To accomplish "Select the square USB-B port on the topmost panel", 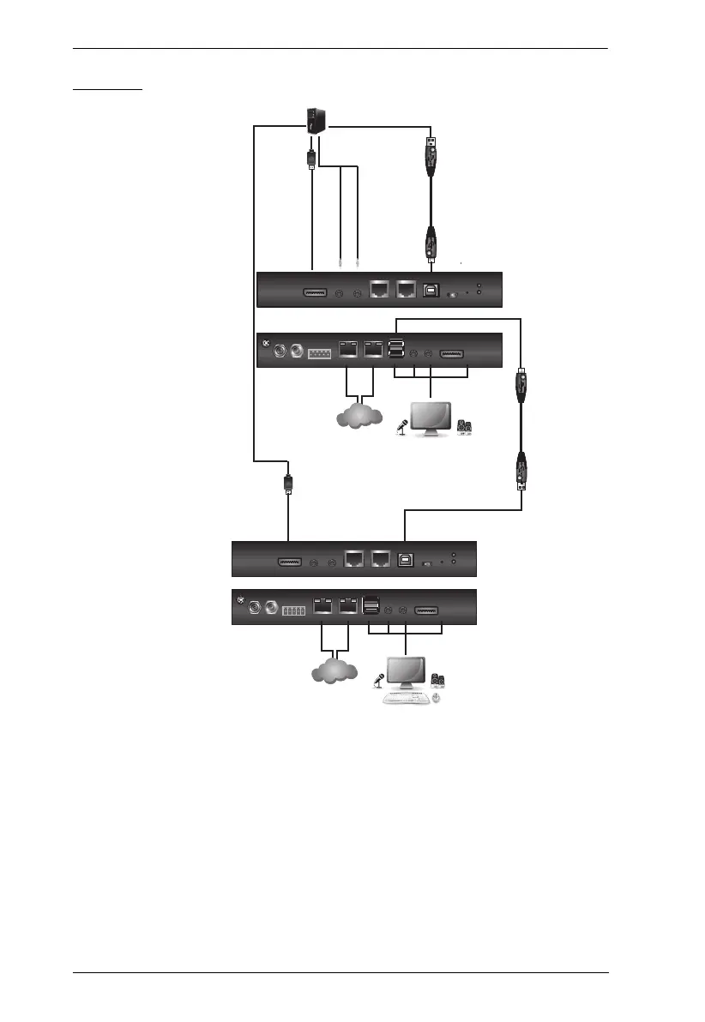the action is point(431,292).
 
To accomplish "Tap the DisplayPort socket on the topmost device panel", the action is point(316,293).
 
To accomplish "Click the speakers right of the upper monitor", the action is point(467,428).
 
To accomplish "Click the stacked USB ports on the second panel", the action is point(396,352).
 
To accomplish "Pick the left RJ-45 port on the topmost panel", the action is point(379,292).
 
